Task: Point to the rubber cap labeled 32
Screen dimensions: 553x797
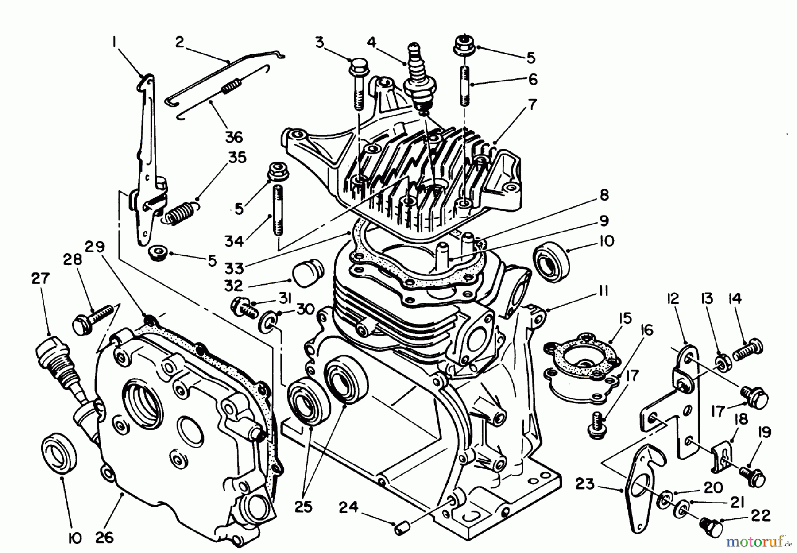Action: pos(307,271)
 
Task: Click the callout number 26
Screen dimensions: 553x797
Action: pos(105,537)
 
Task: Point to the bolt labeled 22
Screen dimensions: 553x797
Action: pos(711,527)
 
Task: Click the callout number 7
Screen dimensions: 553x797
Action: pos(531,104)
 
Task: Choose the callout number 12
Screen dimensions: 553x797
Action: pos(672,300)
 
